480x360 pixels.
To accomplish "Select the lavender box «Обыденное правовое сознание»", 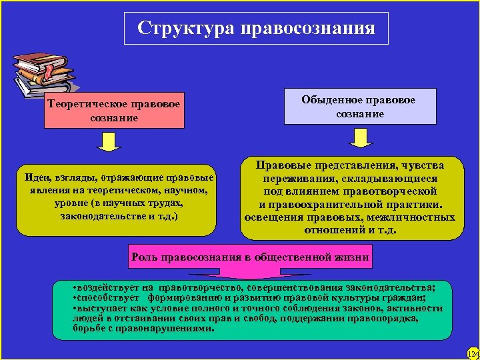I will coord(359,107).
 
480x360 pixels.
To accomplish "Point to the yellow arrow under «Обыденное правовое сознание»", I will coord(361,138).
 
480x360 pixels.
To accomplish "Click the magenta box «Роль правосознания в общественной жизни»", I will coord(250,256).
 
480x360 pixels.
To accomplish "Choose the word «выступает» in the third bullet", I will coord(101,308).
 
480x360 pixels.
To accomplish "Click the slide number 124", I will coord(472,353).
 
